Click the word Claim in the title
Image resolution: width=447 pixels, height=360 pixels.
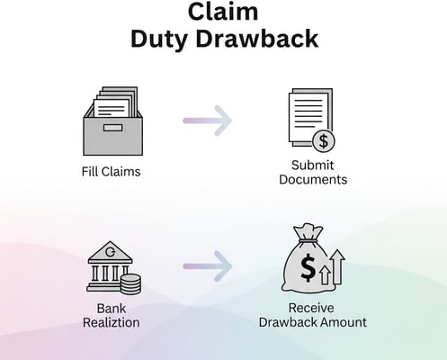pyautogui.click(x=223, y=12)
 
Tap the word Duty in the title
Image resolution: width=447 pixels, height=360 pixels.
pyautogui.click(x=159, y=40)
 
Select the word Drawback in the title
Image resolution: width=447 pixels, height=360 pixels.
pyautogui.click(x=257, y=39)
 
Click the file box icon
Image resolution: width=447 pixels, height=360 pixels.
pyautogui.click(x=112, y=121)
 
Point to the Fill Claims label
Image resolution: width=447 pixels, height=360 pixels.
pyautogui.click(x=112, y=172)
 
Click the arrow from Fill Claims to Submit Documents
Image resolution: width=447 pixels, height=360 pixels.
pyautogui.click(x=208, y=121)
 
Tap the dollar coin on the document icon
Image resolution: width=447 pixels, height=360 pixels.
pyautogui.click(x=324, y=141)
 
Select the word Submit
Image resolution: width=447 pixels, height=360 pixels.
pyautogui.click(x=313, y=165)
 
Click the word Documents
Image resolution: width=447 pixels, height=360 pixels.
pyautogui.click(x=313, y=179)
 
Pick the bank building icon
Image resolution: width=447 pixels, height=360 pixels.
pyautogui.click(x=110, y=266)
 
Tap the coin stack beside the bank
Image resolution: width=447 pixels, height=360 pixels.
pyautogui.click(x=130, y=284)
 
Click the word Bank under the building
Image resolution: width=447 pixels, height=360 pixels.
pyautogui.click(x=112, y=309)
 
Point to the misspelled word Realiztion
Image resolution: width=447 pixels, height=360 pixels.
pyautogui.click(x=112, y=322)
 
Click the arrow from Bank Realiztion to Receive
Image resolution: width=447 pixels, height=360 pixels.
pyautogui.click(x=208, y=266)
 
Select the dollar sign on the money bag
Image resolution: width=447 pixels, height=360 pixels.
pyautogui.click(x=308, y=266)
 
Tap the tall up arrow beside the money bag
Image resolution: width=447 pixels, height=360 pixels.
pyautogui.click(x=337, y=267)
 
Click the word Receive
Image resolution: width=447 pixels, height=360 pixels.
pyautogui.click(x=311, y=308)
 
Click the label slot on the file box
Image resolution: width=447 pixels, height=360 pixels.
pyautogui.click(x=112, y=128)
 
